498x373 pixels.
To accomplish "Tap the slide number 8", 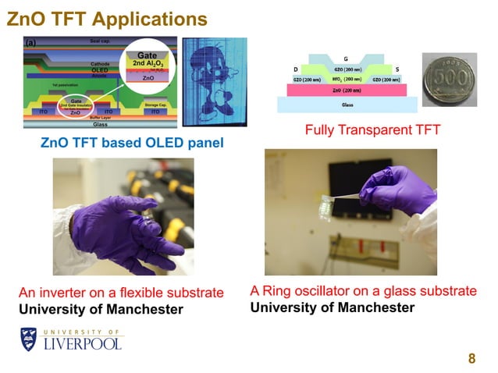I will point(471,358).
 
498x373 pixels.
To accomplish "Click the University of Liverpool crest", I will point(29,339).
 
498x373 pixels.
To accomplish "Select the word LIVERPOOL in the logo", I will point(83,344).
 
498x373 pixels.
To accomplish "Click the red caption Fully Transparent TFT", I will point(373,130).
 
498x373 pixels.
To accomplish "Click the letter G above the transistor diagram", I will point(346,59).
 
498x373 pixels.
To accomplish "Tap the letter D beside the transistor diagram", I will point(297,69).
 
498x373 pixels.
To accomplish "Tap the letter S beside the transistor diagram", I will point(397,69).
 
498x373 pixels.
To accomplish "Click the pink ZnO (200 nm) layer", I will point(347,91).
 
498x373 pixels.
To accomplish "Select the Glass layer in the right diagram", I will point(347,105).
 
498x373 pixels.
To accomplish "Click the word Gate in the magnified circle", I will point(148,55).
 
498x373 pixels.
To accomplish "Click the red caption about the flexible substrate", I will point(121,293).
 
